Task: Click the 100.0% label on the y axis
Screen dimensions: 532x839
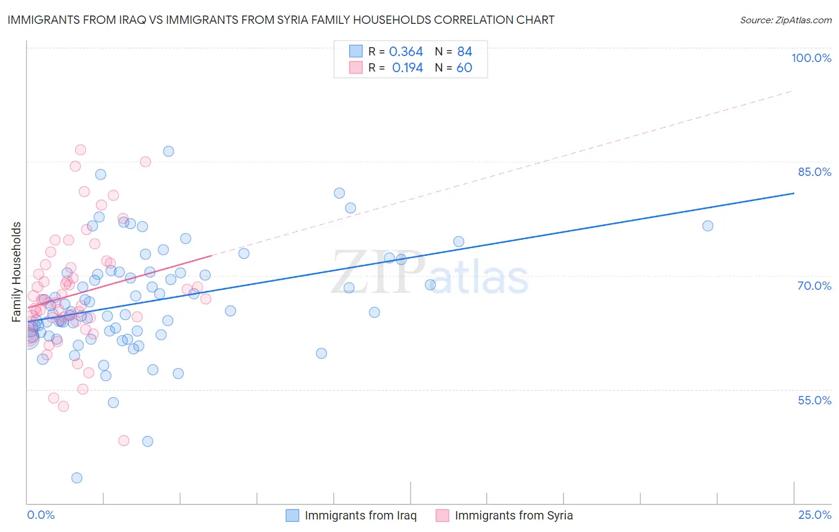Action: pos(811,58)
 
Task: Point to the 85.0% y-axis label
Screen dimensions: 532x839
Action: pos(815,172)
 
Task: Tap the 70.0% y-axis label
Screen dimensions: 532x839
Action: pos(815,286)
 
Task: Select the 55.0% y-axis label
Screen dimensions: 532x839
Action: pos(815,400)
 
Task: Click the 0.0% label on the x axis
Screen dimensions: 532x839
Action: pos(41,515)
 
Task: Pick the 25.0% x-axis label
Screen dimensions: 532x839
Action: pos(815,515)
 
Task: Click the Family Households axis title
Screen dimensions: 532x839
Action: pos(17,272)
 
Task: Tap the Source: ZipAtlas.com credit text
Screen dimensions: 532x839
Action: pos(785,20)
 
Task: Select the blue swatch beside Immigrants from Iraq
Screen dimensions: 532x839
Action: pos(292,515)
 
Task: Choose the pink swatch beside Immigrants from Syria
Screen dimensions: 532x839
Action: pos(442,515)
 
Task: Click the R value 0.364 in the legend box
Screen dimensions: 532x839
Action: pos(406,51)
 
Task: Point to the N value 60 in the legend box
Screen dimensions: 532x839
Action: pos(464,67)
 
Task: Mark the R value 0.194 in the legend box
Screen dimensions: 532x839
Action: pos(407,67)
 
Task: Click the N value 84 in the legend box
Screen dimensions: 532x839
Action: pos(464,51)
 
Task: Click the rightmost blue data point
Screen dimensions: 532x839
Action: pos(708,225)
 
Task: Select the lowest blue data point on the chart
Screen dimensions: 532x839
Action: pos(77,478)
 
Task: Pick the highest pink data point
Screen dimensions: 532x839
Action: pos(81,150)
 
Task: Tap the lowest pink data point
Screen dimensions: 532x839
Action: pos(124,441)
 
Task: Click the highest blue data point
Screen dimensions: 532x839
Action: pos(169,151)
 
